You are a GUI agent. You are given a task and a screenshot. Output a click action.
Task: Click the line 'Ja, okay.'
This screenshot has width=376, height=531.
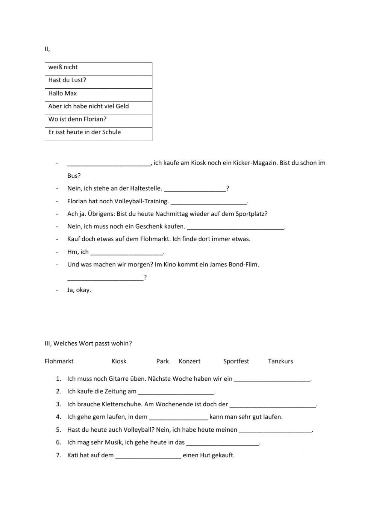point(79,290)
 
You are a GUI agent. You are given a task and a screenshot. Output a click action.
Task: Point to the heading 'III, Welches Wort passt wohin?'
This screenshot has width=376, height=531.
point(88,343)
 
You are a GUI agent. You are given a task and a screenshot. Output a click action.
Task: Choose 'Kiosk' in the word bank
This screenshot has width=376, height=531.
point(119,361)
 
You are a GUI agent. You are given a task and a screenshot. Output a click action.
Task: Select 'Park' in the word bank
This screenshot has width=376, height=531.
point(162,361)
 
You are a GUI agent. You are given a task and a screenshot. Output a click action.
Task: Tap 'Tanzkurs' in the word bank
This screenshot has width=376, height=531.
point(280,361)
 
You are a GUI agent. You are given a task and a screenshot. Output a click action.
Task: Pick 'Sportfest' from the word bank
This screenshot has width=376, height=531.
point(236,361)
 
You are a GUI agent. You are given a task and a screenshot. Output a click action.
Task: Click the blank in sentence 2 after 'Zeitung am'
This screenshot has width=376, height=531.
point(176,392)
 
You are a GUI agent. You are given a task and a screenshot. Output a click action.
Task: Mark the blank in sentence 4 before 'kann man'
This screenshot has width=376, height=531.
point(178,417)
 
